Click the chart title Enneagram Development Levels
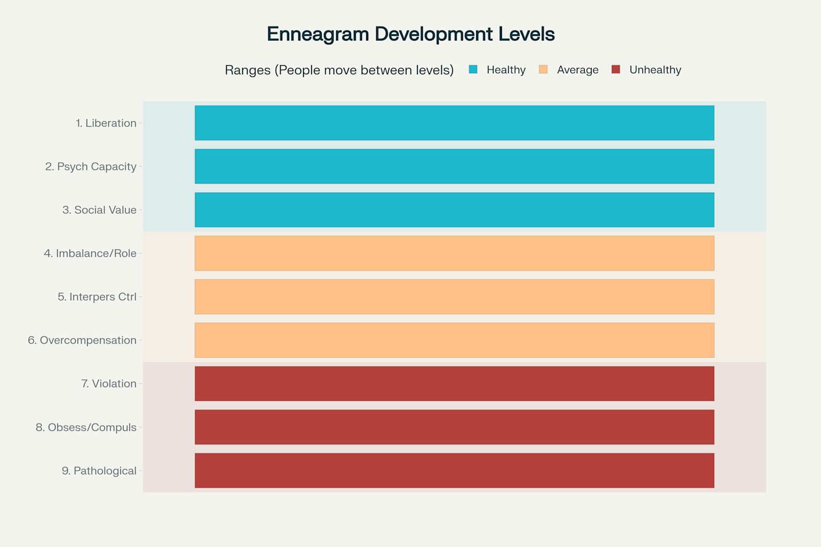(410, 34)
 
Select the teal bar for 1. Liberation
(454, 123)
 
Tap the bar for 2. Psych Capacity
(454, 166)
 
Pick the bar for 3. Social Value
(454, 210)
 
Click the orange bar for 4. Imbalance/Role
(454, 253)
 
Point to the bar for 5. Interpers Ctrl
(454, 296)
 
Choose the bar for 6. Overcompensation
(454, 340)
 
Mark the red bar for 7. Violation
(454, 384)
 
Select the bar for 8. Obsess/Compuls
(454, 427)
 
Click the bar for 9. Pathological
(454, 471)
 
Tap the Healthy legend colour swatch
(473, 69)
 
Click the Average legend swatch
(543, 69)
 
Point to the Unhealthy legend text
(655, 70)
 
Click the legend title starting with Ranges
(339, 70)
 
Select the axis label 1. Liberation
(106, 123)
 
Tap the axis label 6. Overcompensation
(82, 340)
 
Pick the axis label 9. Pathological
(99, 471)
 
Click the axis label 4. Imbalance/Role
(90, 253)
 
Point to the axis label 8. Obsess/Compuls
(86, 427)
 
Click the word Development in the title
(433, 34)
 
